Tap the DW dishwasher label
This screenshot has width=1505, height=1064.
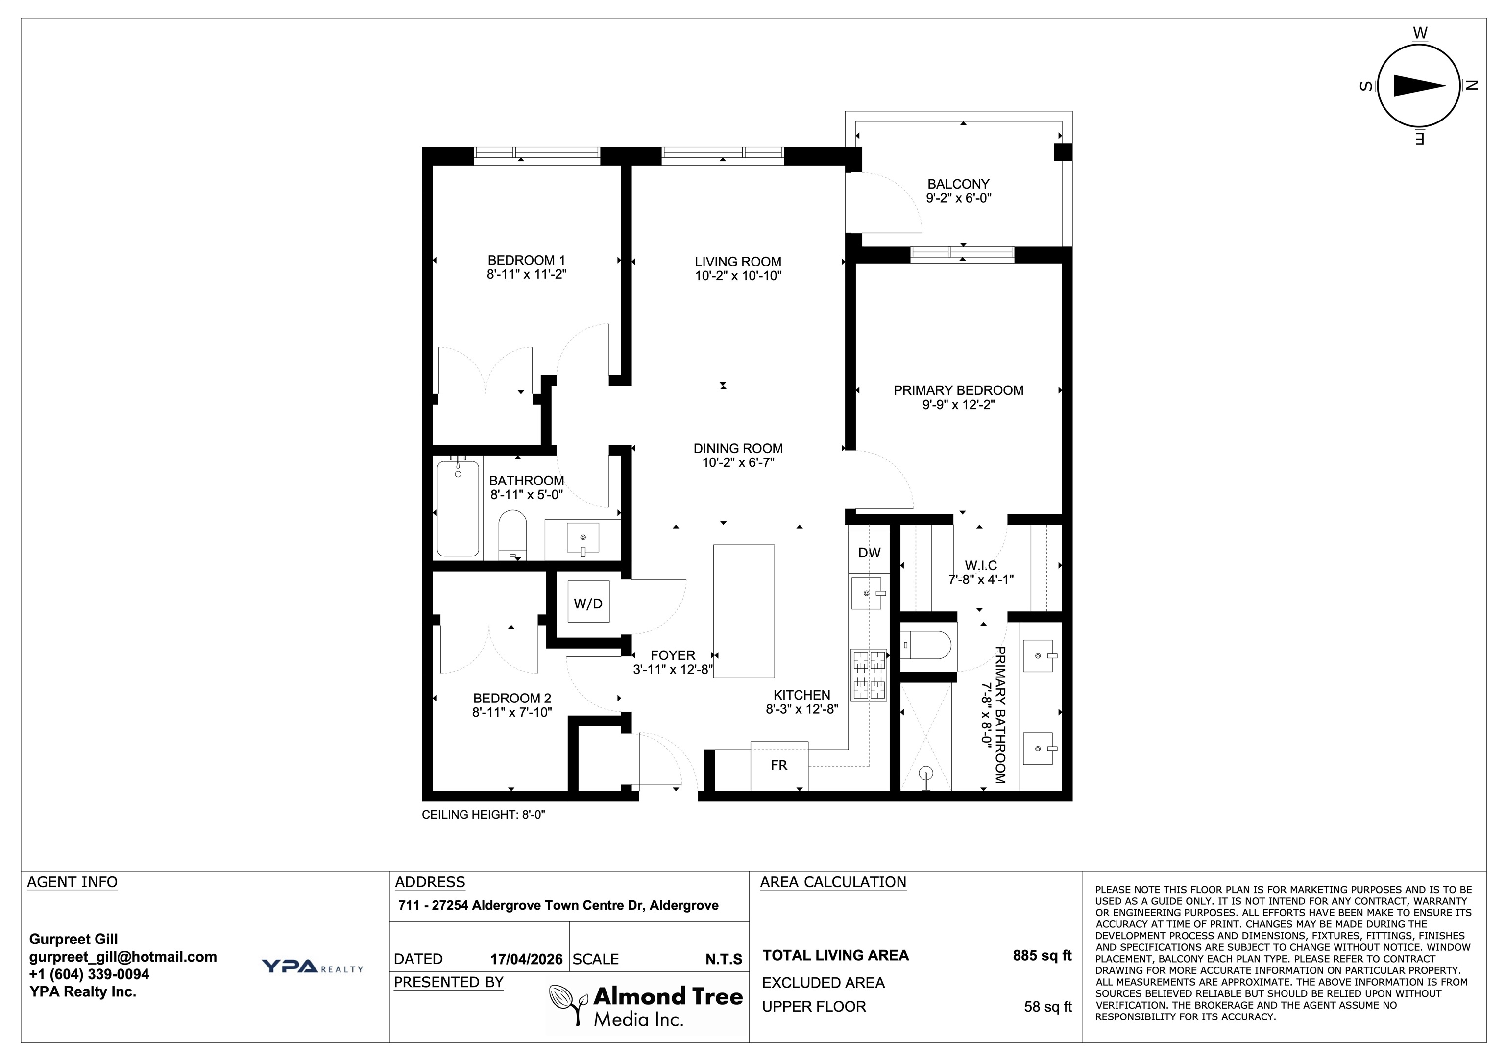point(869,553)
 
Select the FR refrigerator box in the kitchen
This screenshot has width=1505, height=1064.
point(779,765)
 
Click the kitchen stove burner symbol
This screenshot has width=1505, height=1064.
point(869,675)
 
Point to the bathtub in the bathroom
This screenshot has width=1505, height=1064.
point(458,508)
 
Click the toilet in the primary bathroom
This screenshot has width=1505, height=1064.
point(925,645)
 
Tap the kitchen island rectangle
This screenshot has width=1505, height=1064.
point(744,611)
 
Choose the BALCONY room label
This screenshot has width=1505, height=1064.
point(958,184)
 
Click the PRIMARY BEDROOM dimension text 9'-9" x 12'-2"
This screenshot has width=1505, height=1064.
point(958,405)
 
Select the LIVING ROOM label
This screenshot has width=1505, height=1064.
point(738,262)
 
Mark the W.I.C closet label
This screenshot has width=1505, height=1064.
point(981,566)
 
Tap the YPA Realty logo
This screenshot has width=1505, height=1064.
point(312,967)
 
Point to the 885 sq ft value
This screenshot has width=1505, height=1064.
point(1042,955)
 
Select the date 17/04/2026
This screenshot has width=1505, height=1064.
point(526,959)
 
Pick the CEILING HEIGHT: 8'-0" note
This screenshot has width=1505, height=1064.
point(484,815)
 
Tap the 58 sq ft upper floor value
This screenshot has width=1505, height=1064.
point(1048,1006)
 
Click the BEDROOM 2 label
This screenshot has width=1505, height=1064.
point(512,698)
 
